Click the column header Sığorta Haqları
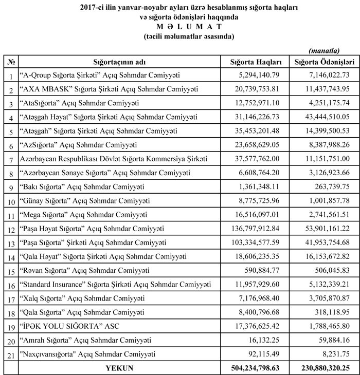pyautogui.click(x=256, y=62)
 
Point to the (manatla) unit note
pyautogui.click(x=323, y=50)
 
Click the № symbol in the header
pyautogui.click(x=10, y=62)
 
